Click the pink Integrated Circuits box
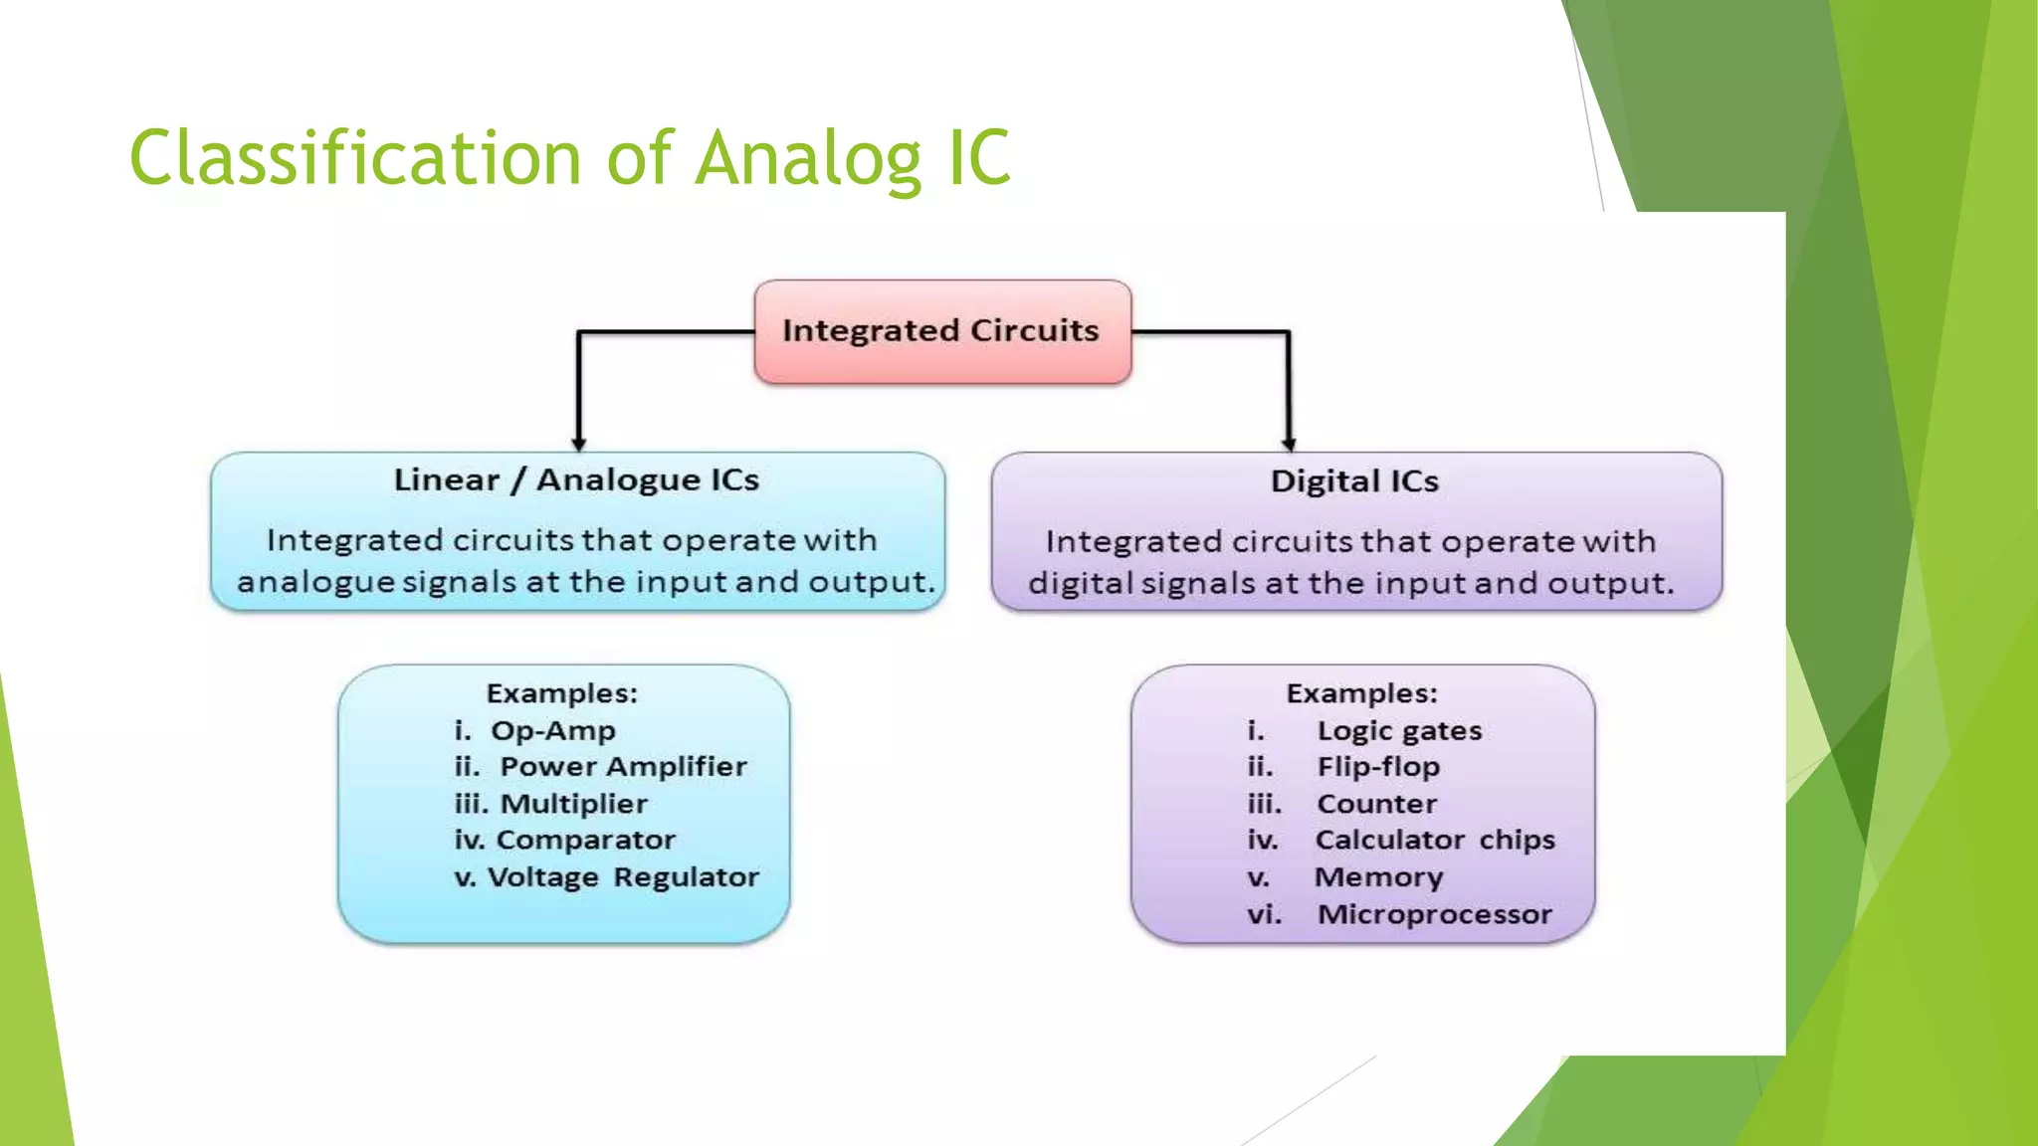coord(941,331)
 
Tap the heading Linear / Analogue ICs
coord(576,480)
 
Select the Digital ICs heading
coord(1354,481)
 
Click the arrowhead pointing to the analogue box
coord(578,444)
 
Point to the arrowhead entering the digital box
coord(1289,444)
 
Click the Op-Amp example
coord(552,731)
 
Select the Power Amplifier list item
coord(623,767)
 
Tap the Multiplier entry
coord(573,804)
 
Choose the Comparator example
coord(585,841)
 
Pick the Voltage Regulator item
coord(623,877)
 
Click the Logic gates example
coord(1399,731)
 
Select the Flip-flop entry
coord(1378,767)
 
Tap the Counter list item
coord(1377,804)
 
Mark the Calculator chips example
coord(1435,841)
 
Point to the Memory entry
coord(1378,877)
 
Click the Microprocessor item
coord(1435,914)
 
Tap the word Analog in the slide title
coord(809,159)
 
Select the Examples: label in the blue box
coord(561,693)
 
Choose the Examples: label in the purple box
coord(1361,693)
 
